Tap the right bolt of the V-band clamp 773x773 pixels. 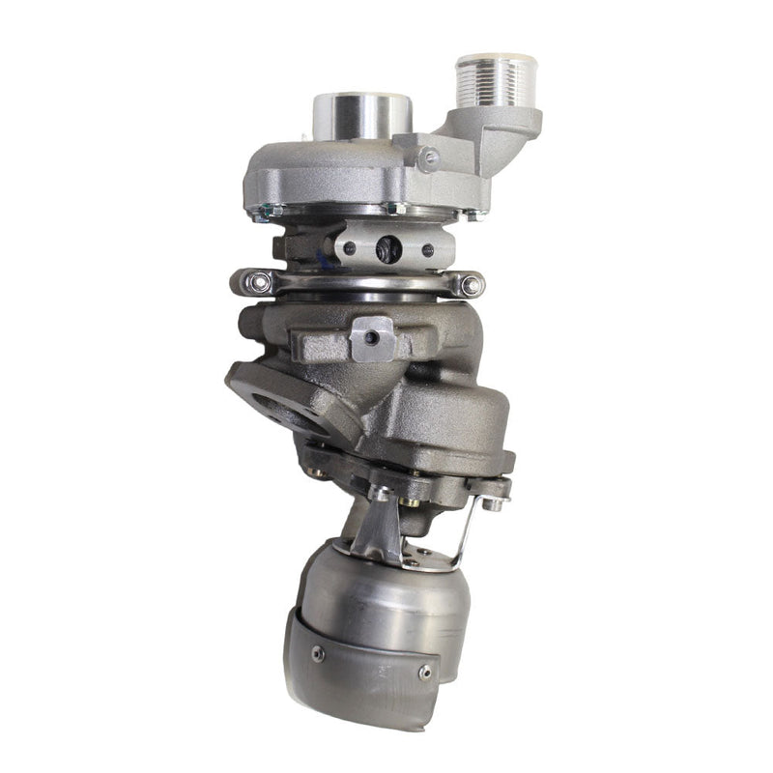(x=471, y=285)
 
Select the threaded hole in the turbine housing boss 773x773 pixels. (x=372, y=337)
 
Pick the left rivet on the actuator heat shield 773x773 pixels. (x=318, y=654)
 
